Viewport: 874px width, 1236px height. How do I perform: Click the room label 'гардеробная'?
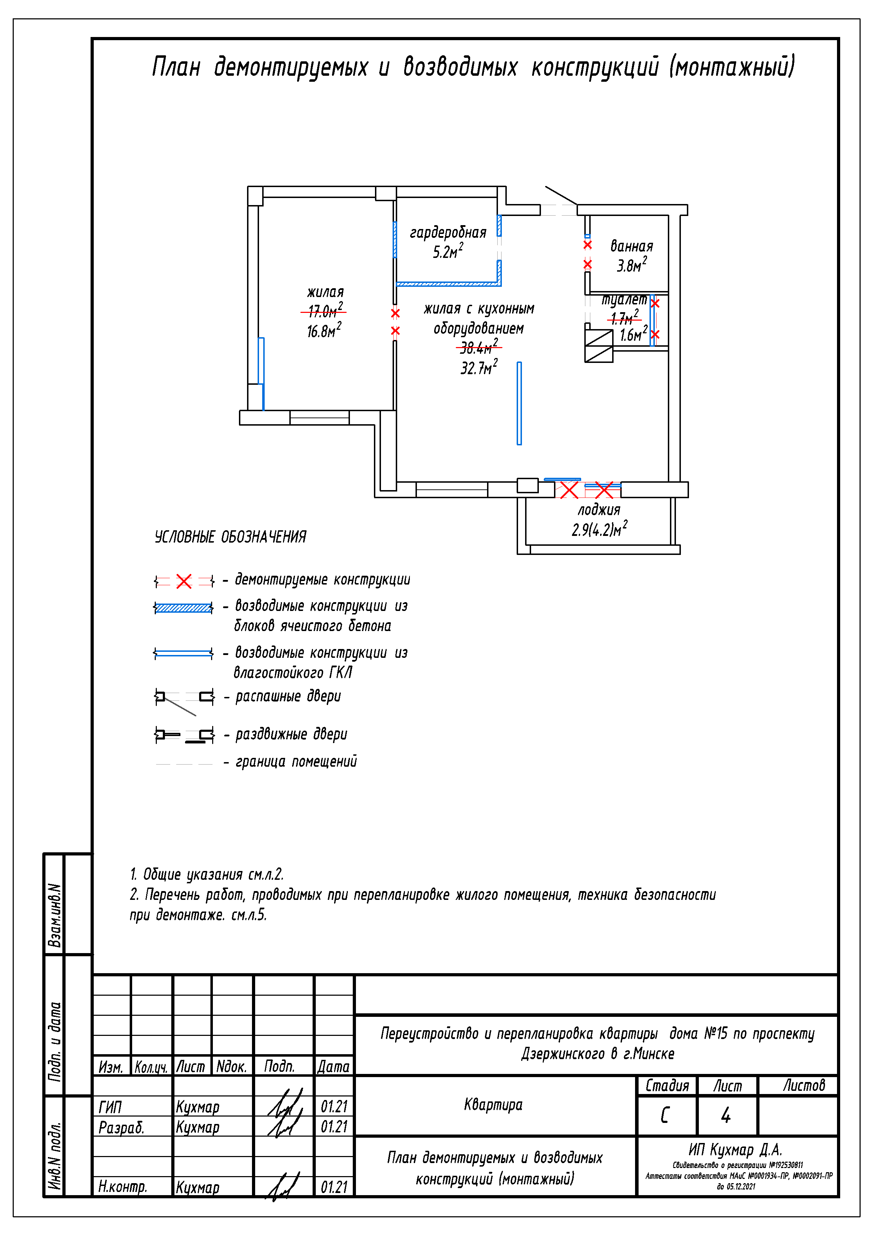coord(448,233)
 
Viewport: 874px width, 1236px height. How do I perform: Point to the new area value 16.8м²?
coord(324,330)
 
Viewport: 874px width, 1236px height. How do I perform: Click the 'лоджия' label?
coord(599,510)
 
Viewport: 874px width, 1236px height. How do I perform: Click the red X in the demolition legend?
coord(184,581)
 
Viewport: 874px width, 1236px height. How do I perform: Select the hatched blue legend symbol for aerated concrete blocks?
coord(184,608)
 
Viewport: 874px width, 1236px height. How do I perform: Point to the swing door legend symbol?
coord(184,700)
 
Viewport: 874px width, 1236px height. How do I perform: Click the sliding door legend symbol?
coord(184,735)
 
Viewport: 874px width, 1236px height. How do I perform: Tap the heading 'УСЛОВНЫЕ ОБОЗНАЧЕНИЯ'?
coord(230,537)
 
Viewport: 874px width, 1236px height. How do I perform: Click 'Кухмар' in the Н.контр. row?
coord(198,1187)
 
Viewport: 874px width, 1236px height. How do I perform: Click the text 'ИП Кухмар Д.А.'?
coord(735,1150)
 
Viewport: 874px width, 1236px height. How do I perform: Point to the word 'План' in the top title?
coord(176,67)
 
